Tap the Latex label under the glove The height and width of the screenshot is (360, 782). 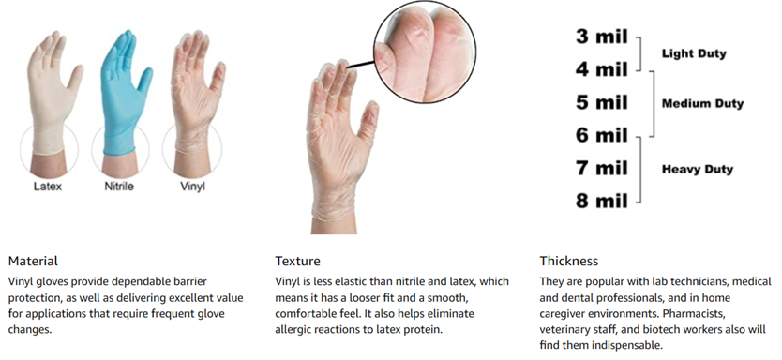(x=48, y=187)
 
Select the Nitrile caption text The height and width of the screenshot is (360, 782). (x=119, y=187)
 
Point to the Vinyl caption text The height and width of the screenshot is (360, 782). (x=192, y=187)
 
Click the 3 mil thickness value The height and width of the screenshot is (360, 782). (x=601, y=37)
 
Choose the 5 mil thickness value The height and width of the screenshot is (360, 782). (x=601, y=103)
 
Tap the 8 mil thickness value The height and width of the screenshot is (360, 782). (x=601, y=201)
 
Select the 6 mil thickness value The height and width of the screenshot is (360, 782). (x=601, y=135)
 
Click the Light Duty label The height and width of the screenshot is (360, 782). (x=694, y=53)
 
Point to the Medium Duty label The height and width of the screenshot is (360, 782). (x=702, y=104)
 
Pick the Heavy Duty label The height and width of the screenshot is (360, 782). (x=698, y=170)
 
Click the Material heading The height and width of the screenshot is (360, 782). (x=33, y=261)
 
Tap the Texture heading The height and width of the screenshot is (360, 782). (x=298, y=261)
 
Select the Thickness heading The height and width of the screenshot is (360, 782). (x=568, y=261)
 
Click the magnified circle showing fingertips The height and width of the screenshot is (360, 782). (x=425, y=52)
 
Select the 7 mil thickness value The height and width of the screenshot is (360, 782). (x=601, y=168)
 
